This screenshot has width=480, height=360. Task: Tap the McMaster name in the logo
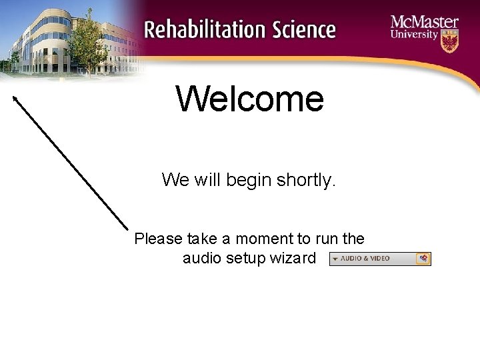425,21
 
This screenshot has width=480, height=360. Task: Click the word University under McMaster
414,35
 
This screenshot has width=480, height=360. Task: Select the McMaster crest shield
450,42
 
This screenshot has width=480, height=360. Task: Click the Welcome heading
250,99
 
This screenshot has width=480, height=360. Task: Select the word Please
157,239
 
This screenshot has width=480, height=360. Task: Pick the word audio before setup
203,258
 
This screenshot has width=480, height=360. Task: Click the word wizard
291,258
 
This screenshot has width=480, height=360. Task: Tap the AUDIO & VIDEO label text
365,259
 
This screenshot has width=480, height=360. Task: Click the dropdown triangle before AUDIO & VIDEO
335,259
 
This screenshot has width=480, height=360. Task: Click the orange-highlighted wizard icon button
423,259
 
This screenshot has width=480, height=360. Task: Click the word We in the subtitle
175,179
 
